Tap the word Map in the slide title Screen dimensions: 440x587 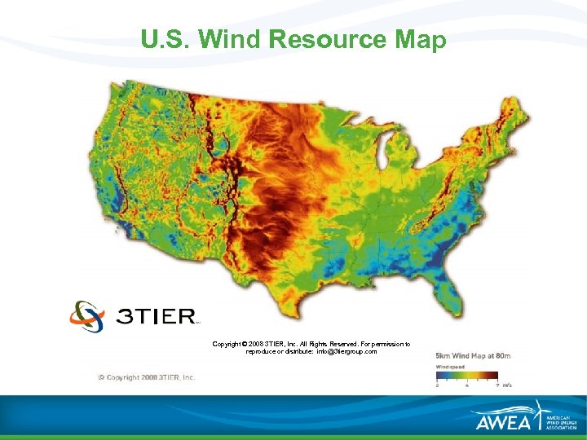pos(421,40)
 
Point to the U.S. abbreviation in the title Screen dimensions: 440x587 pos(166,40)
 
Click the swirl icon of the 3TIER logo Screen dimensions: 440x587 pos(87,316)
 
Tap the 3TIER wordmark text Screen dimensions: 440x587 pos(157,317)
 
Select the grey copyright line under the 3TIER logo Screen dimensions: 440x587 pos(147,377)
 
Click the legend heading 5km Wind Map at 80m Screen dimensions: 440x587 pos(473,356)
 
